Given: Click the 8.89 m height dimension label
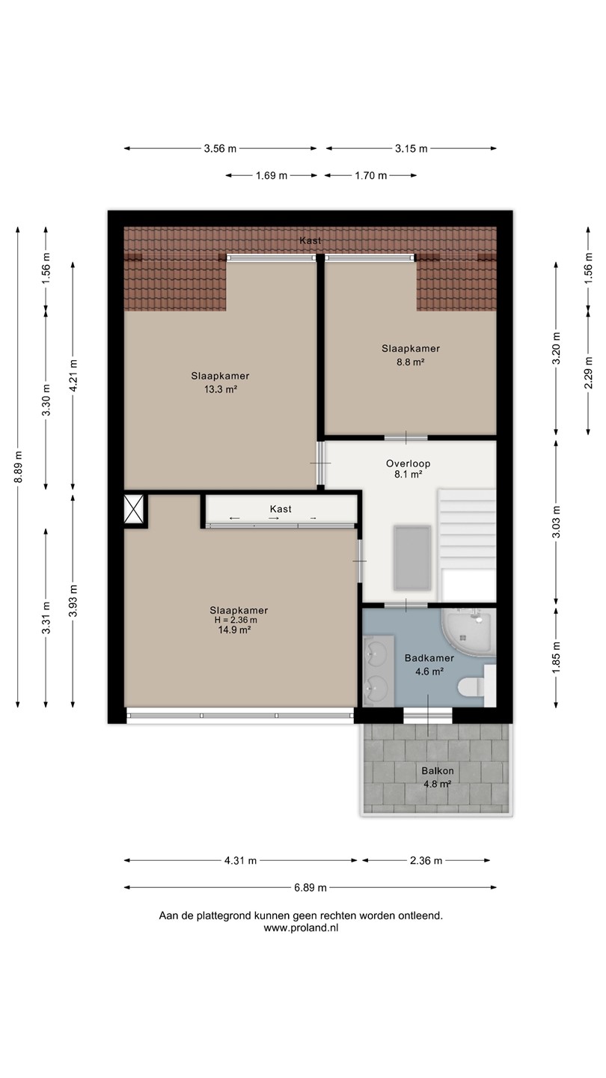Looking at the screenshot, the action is pyautogui.click(x=18, y=467).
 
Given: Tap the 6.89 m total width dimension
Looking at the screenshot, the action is pyautogui.click(x=310, y=887).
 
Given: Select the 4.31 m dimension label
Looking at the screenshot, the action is pyautogui.click(x=240, y=860).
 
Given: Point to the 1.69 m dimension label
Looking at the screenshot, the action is pyautogui.click(x=272, y=175).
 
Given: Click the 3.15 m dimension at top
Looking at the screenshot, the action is pyautogui.click(x=411, y=148).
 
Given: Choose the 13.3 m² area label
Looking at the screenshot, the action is pyautogui.click(x=221, y=389).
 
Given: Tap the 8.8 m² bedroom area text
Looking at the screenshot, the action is pyautogui.click(x=410, y=362).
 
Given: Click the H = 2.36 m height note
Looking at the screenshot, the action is pyautogui.click(x=236, y=621).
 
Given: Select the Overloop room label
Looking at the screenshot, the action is pyautogui.click(x=408, y=463).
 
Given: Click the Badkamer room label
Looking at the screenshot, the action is pyautogui.click(x=429, y=658).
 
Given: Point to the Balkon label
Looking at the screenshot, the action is pyautogui.click(x=437, y=770).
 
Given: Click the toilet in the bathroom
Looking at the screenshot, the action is pyautogui.click(x=471, y=686).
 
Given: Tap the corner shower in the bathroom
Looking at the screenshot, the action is pyautogui.click(x=468, y=633).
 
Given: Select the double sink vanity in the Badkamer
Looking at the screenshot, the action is pyautogui.click(x=379, y=671).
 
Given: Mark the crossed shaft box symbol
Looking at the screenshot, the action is pyautogui.click(x=134, y=509).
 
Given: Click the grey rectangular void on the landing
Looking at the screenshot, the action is pyautogui.click(x=411, y=558).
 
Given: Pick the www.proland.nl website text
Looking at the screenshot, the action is pyautogui.click(x=301, y=928).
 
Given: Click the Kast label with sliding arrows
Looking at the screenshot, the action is pyautogui.click(x=281, y=509).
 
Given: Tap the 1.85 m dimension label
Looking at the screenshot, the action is pyautogui.click(x=557, y=658).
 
